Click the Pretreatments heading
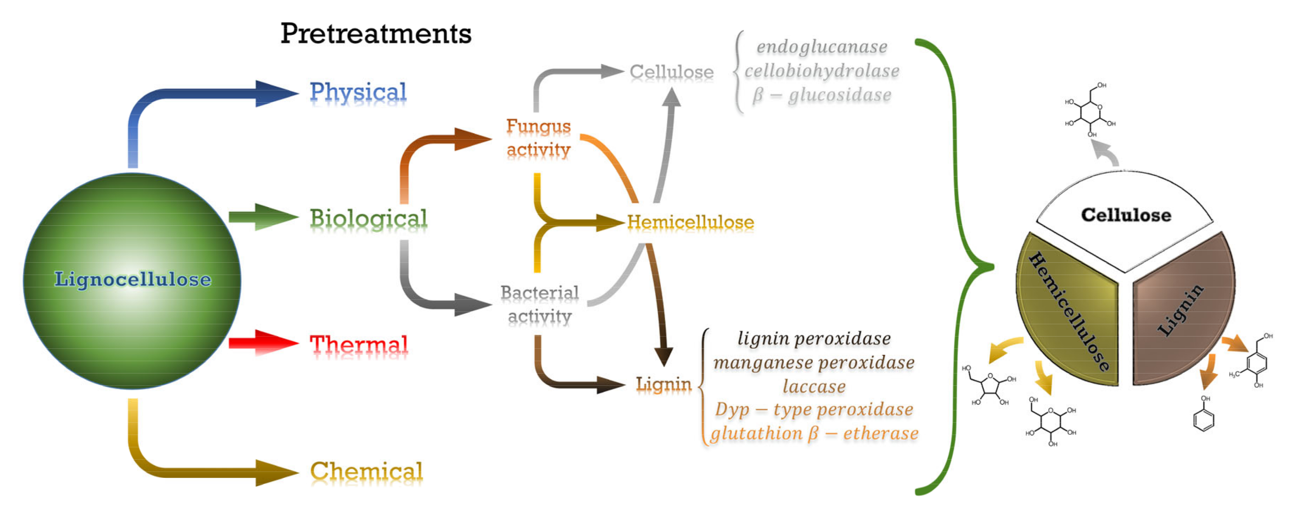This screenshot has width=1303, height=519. point(376,34)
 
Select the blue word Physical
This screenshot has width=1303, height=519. point(358,92)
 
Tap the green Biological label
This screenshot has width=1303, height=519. point(368,218)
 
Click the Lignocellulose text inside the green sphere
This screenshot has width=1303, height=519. point(133,279)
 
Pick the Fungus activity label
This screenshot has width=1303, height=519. point(539,137)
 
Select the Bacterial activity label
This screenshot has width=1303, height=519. point(540,304)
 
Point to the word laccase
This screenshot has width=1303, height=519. point(814,386)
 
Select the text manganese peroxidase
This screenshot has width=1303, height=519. point(814,362)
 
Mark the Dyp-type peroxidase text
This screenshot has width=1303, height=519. point(814,409)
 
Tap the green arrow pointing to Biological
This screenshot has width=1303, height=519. point(263,217)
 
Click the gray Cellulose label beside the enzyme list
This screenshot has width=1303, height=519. point(671,72)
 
